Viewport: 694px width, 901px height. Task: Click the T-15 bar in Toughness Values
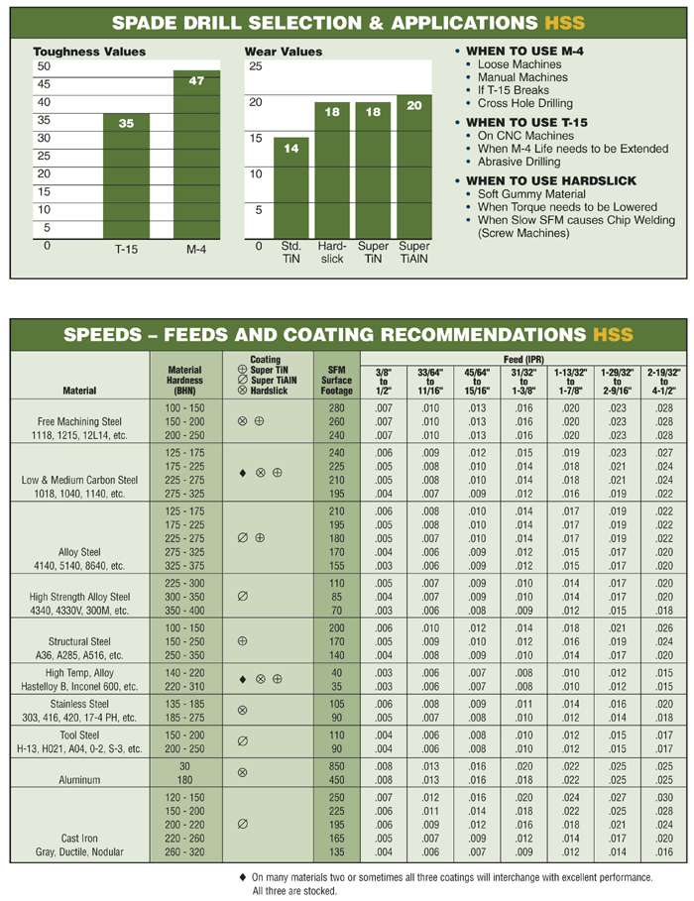pyautogui.click(x=126, y=175)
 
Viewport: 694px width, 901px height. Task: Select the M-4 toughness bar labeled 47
pyautogui.click(x=196, y=155)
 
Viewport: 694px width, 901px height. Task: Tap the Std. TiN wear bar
pyautogui.click(x=290, y=188)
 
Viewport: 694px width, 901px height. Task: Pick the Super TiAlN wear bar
pyautogui.click(x=414, y=167)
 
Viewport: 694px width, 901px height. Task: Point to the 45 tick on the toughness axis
pyautogui.click(x=44, y=84)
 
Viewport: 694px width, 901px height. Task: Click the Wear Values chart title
pyautogui.click(x=284, y=52)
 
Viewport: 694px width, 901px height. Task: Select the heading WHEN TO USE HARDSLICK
pyautogui.click(x=551, y=180)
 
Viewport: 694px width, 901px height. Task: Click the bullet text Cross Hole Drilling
pyautogui.click(x=524, y=103)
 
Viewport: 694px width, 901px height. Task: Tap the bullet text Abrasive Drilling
pyautogui.click(x=519, y=162)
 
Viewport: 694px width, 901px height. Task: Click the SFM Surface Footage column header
pyautogui.click(x=336, y=381)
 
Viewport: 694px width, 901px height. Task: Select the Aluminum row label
pyautogui.click(x=79, y=780)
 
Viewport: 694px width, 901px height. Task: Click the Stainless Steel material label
pyautogui.click(x=79, y=704)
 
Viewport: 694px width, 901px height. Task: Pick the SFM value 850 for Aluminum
pyautogui.click(x=336, y=766)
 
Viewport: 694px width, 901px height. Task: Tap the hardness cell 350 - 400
pyautogui.click(x=184, y=611)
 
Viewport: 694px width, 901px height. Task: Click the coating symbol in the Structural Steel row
pyautogui.click(x=242, y=640)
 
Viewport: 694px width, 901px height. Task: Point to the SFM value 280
pyautogui.click(x=336, y=408)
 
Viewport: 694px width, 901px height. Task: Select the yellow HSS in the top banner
pyautogui.click(x=565, y=23)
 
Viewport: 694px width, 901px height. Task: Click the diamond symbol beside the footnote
pyautogui.click(x=242, y=877)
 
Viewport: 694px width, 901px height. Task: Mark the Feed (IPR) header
pyautogui.click(x=523, y=359)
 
